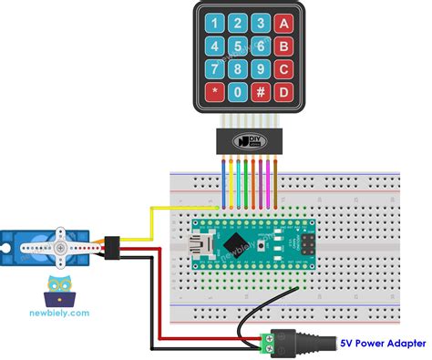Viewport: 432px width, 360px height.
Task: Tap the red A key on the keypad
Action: coord(284,23)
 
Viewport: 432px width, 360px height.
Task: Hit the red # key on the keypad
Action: coord(260,92)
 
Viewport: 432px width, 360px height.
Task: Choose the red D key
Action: coord(284,92)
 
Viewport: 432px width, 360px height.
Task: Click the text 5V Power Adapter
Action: coord(383,343)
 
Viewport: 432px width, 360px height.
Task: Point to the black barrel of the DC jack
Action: coord(314,344)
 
